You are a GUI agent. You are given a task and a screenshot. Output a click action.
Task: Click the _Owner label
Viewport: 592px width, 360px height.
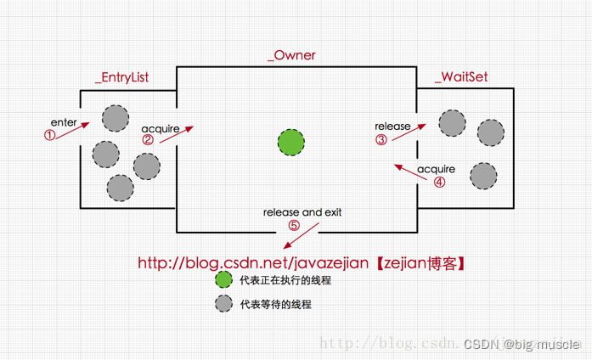(x=290, y=55)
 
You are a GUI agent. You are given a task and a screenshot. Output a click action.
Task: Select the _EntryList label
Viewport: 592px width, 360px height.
(x=121, y=77)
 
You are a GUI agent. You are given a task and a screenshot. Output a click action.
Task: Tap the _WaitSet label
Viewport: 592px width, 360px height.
(x=461, y=77)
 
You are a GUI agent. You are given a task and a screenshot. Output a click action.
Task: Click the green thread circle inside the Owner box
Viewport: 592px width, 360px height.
(x=291, y=141)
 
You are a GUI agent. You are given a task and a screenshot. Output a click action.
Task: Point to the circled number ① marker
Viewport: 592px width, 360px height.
(x=50, y=135)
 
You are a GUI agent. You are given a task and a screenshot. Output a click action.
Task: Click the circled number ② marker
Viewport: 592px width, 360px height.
(x=149, y=140)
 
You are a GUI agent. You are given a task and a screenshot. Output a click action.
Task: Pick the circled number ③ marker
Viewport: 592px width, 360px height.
(x=381, y=140)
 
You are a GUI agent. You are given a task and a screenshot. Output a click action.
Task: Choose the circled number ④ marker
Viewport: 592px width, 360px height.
(x=439, y=182)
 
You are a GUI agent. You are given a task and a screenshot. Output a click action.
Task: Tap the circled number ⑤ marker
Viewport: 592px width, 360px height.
(x=294, y=226)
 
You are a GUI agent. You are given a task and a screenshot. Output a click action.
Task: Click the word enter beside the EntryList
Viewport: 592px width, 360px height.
(x=64, y=123)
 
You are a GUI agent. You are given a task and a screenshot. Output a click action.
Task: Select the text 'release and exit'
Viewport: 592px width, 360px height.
(x=302, y=212)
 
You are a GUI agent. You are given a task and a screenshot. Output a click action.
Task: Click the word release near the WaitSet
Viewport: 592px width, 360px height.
(x=392, y=127)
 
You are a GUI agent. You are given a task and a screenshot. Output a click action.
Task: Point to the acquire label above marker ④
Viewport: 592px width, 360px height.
(x=436, y=168)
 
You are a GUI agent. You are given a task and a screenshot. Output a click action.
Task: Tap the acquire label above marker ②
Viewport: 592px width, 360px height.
(x=160, y=127)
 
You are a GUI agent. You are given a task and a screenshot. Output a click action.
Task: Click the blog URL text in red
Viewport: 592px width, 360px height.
(x=302, y=263)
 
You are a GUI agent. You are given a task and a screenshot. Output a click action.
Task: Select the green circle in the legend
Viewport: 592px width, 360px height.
(x=223, y=280)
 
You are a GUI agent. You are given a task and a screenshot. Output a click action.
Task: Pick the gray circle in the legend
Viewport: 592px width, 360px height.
(x=223, y=303)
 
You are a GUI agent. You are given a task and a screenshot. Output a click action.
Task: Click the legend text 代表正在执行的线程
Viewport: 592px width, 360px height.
(x=285, y=280)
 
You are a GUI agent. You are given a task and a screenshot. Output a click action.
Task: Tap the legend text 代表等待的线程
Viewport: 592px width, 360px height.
(x=276, y=303)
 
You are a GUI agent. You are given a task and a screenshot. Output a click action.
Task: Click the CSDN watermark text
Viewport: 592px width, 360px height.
(x=521, y=344)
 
